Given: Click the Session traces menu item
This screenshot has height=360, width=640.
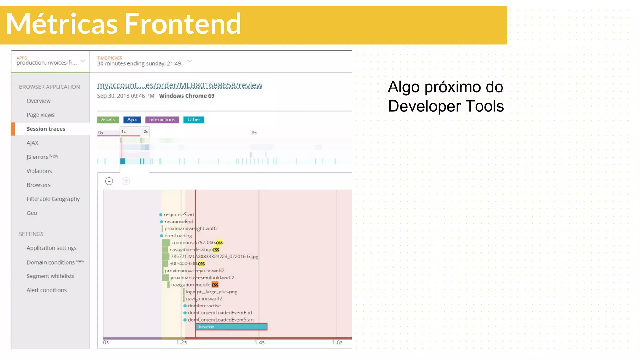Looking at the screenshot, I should [46, 129].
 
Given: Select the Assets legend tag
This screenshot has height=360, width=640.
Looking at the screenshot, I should [108, 120].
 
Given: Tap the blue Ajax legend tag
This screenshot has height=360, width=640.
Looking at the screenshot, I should [132, 120].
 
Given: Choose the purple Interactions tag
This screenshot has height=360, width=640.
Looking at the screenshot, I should [162, 120].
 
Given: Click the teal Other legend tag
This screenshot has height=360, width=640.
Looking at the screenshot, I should [194, 120].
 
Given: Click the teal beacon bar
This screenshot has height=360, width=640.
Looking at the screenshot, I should [231, 327].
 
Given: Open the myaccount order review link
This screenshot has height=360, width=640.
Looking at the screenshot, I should [180, 85].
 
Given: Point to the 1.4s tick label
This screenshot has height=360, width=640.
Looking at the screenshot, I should [259, 342].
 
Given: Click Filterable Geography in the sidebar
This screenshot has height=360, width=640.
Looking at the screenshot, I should [53, 199].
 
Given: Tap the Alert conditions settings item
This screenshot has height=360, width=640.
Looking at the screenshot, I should [47, 290].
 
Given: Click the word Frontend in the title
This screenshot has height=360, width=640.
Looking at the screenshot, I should [183, 24].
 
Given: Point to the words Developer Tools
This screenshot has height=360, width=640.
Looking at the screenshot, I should [446, 106].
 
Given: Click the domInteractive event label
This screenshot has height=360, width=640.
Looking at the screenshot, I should [204, 306].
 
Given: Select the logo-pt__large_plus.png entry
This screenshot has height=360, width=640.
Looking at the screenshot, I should [212, 292].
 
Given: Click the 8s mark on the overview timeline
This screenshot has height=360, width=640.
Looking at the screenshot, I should [254, 133].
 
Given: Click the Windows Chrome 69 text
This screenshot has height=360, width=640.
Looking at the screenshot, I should [187, 96].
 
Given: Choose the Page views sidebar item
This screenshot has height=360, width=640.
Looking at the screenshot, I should [41, 115].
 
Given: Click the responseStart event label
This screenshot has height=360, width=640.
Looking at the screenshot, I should [179, 215].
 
